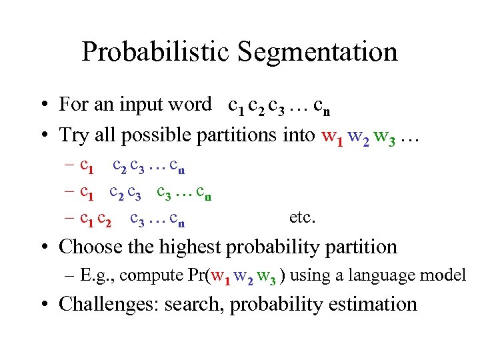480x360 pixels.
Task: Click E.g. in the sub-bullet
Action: click(x=100, y=275)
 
